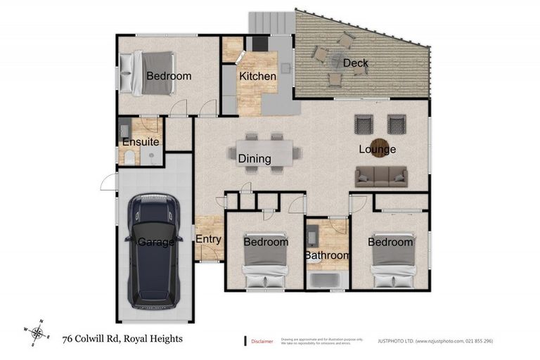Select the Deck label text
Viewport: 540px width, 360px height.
[x=355, y=64]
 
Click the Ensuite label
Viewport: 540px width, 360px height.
[x=141, y=142]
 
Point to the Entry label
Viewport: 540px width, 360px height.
[x=208, y=239]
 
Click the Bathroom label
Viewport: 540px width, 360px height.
[x=327, y=255]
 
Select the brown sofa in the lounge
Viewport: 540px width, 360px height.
[x=381, y=176]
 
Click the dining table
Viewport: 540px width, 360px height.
[x=263, y=152]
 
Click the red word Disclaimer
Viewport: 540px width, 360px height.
[x=263, y=341]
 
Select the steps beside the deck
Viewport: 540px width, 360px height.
[x=271, y=21]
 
